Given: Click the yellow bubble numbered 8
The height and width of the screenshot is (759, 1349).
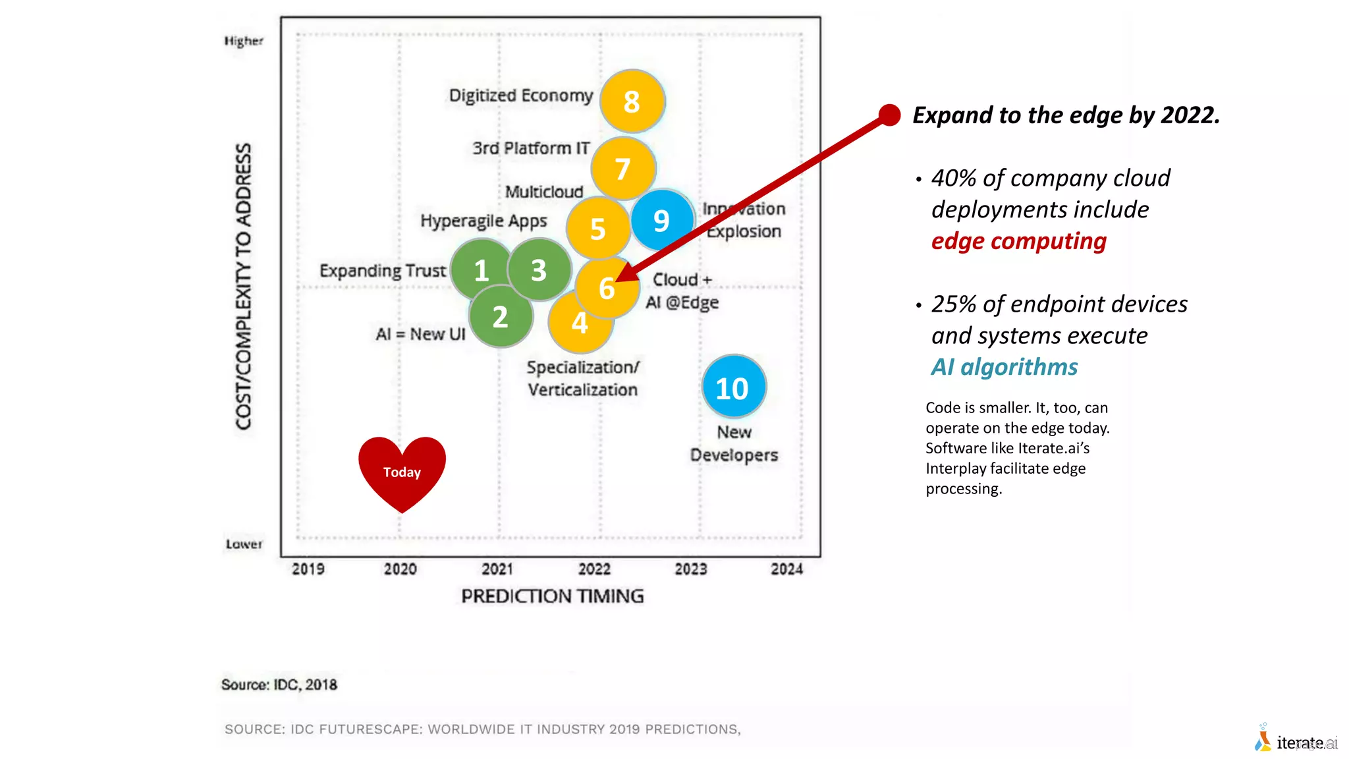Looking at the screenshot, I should (x=632, y=101).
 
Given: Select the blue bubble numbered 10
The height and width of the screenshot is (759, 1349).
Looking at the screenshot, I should (x=733, y=387).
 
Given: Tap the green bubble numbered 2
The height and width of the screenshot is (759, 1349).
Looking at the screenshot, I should (x=501, y=318).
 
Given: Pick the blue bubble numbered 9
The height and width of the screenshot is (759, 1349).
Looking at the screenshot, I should (x=661, y=220).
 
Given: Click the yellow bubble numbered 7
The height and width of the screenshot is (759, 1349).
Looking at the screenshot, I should (x=623, y=169).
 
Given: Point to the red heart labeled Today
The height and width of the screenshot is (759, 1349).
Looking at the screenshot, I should (x=402, y=472).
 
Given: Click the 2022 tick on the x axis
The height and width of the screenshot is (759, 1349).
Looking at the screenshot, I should (x=594, y=569).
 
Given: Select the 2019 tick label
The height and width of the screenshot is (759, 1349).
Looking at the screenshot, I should (x=308, y=569).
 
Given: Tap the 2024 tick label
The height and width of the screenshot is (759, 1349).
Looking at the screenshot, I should (x=786, y=569).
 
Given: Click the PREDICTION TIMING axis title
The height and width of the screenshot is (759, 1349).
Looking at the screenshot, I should (x=552, y=596).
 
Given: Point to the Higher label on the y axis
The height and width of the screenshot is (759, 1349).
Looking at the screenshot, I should (x=244, y=41).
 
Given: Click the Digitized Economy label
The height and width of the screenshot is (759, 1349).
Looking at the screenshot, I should (x=520, y=96).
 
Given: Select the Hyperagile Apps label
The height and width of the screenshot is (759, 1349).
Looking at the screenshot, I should (x=483, y=221).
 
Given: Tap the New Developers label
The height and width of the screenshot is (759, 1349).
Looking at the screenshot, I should (x=734, y=443).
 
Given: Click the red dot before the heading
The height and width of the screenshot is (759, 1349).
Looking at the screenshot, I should (x=889, y=115).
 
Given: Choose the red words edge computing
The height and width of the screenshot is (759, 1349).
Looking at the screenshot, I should (x=1018, y=241).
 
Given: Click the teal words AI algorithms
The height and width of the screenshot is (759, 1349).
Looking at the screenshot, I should (x=1004, y=367).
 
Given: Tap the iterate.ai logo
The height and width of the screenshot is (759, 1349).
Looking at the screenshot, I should (x=1296, y=742).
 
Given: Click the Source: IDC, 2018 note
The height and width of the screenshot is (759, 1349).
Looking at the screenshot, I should (x=279, y=685).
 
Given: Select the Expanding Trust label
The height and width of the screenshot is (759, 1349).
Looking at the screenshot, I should (x=382, y=271).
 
